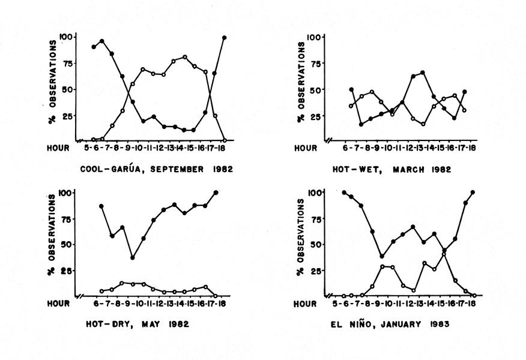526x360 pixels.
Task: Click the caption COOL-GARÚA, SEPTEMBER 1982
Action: click(157, 169)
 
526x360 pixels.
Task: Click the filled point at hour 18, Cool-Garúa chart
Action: click(225, 38)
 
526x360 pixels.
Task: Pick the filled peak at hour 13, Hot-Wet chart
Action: click(423, 73)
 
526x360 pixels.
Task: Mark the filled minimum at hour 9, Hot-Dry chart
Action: click(132, 258)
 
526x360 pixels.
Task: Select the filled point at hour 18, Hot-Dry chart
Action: click(216, 193)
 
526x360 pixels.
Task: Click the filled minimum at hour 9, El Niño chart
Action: click(382, 256)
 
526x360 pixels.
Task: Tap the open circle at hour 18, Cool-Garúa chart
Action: click(225, 140)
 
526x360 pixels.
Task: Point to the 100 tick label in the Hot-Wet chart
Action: click(313, 37)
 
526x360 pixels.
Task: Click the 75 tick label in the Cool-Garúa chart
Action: click(67, 64)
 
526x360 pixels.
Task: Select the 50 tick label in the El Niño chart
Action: click(313, 244)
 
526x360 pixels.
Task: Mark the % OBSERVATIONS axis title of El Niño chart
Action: click(300, 242)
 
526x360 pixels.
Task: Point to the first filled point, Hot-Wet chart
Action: click(351, 89)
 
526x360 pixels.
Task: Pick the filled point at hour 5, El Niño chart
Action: click(345, 193)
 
